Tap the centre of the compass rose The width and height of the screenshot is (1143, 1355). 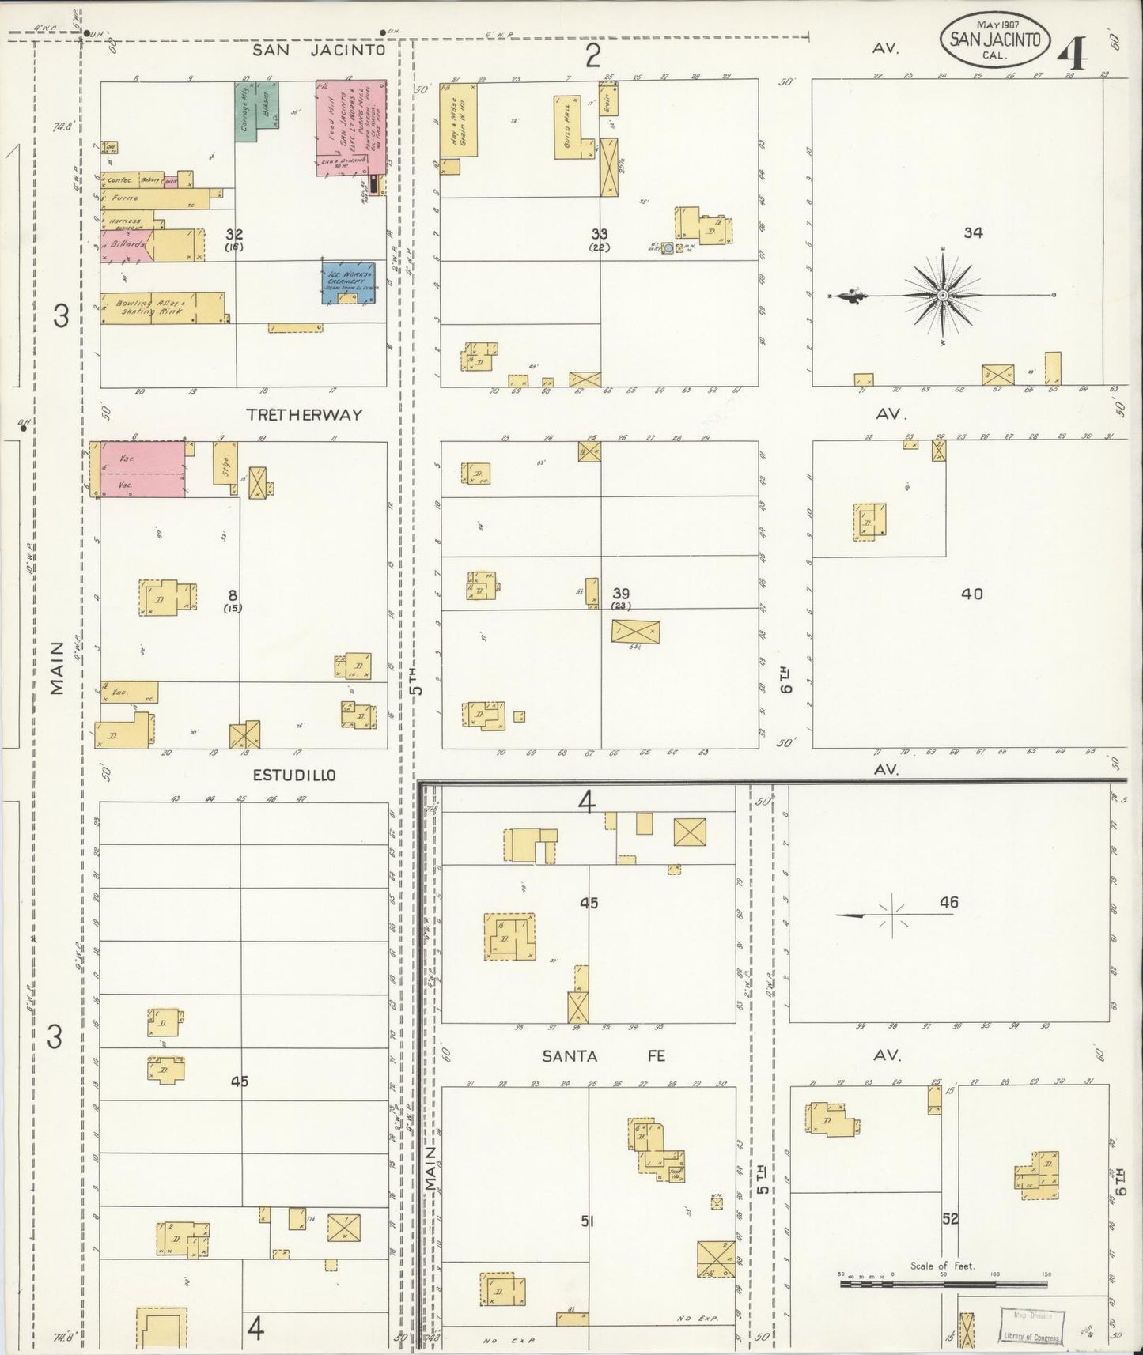943,296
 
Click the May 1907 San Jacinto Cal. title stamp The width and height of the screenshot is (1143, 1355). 995,37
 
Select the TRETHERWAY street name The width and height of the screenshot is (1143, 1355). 304,414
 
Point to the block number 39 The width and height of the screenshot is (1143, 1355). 621,593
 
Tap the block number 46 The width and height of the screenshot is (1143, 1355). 949,901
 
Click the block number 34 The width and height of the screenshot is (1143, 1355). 973,232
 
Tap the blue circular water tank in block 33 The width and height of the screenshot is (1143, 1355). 668,248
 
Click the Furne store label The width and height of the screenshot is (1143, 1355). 125,198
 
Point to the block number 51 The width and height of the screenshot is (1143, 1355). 587,1221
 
